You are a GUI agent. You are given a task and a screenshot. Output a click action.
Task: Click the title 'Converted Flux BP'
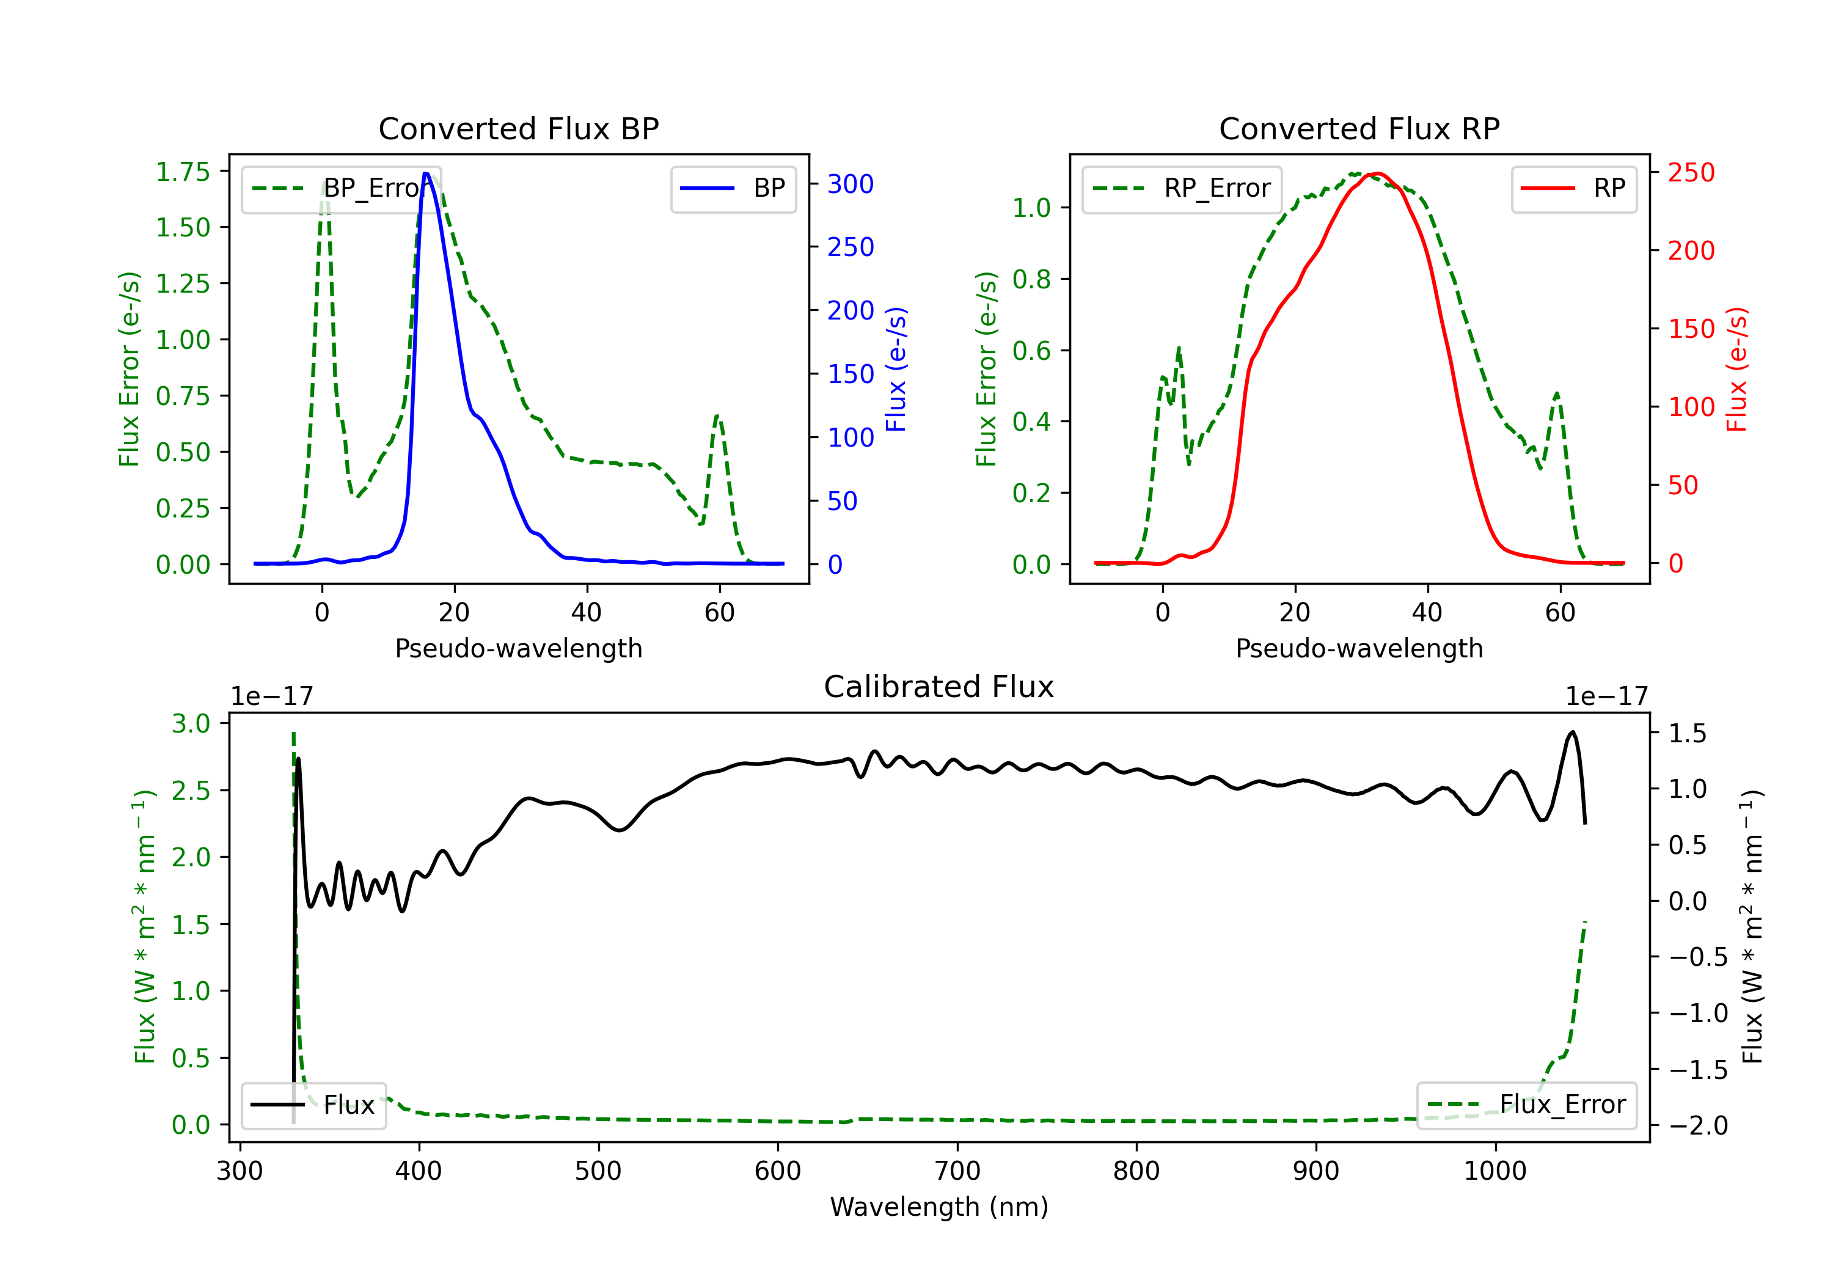click(x=518, y=128)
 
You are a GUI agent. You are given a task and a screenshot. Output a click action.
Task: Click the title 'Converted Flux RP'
click(x=1359, y=128)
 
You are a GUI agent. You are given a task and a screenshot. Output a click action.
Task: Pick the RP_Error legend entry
click(x=1182, y=188)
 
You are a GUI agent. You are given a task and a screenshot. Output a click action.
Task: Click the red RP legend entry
click(x=1575, y=188)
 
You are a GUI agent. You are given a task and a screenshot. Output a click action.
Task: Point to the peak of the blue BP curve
click(x=426, y=174)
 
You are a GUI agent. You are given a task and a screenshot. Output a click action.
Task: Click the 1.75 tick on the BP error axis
click(x=182, y=172)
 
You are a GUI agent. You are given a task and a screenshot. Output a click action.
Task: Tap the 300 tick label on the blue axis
click(x=851, y=185)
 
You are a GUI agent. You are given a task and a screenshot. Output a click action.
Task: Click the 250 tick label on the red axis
click(x=1691, y=172)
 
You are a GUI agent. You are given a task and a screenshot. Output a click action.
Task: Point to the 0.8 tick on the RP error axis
click(x=1031, y=279)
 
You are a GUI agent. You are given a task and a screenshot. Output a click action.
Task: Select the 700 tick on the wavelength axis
click(x=957, y=1171)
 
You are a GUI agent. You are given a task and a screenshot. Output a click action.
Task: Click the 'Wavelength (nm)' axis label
click(x=939, y=1207)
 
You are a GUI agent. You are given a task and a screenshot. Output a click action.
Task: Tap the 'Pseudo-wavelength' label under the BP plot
click(x=518, y=648)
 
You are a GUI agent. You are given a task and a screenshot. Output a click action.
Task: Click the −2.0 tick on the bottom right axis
click(x=1698, y=1126)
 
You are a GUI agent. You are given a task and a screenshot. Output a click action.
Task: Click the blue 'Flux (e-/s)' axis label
click(x=896, y=369)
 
